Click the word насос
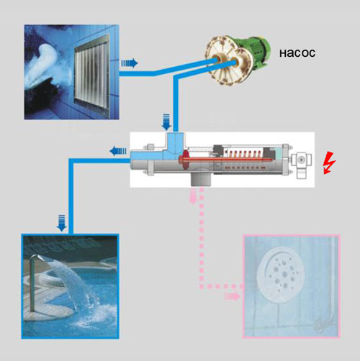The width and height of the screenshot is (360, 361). [x=297, y=53]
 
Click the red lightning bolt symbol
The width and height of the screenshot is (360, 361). [x=329, y=163]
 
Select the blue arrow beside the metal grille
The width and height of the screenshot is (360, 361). [x=130, y=63]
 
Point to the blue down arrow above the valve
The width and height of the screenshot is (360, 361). [x=166, y=122]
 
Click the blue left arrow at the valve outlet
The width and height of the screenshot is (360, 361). [x=118, y=151]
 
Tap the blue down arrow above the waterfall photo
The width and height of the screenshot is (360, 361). [x=62, y=223]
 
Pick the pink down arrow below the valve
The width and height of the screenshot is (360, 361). [x=193, y=196]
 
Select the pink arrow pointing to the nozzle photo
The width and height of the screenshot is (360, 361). [x=232, y=296]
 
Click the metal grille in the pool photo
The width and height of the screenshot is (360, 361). [x=91, y=73]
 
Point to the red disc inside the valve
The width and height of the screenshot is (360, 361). [x=185, y=159]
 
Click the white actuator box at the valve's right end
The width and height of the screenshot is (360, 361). [x=302, y=165]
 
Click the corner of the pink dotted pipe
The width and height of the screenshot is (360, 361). [x=202, y=286]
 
